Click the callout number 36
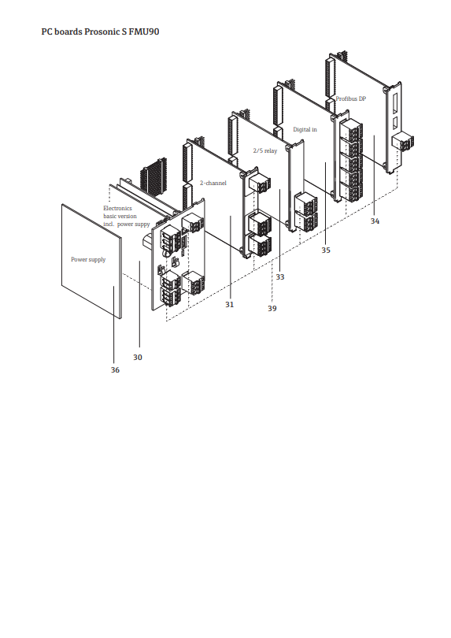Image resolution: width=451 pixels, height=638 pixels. pyautogui.click(x=115, y=370)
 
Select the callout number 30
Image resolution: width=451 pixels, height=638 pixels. pyautogui.click(x=138, y=358)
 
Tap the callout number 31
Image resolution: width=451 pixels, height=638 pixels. pyautogui.click(x=229, y=304)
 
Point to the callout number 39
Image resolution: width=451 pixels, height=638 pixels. pyautogui.click(x=272, y=309)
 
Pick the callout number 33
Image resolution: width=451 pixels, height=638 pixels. pyautogui.click(x=280, y=277)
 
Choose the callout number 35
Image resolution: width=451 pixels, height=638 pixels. pyautogui.click(x=326, y=250)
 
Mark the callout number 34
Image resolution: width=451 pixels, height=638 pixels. pyautogui.click(x=375, y=221)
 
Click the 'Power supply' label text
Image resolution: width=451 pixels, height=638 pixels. pyautogui.click(x=88, y=260)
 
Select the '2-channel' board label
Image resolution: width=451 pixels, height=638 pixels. pyautogui.click(x=213, y=183)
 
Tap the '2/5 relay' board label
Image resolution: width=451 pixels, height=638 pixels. pyautogui.click(x=265, y=150)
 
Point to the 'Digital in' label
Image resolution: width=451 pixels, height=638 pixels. pyautogui.click(x=305, y=129)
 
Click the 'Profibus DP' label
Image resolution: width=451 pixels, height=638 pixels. pyautogui.click(x=350, y=99)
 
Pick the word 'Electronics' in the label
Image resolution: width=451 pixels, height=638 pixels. pyautogui.click(x=117, y=208)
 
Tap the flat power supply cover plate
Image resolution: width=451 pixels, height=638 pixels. pyautogui.click(x=91, y=261)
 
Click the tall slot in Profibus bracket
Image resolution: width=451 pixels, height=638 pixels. pyautogui.click(x=394, y=103)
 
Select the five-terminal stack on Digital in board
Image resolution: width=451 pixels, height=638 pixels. pyautogui.click(x=350, y=160)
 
